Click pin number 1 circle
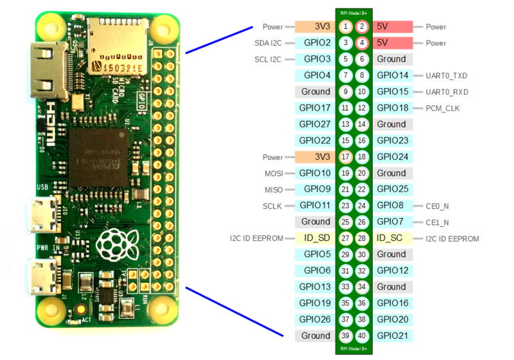(x=346, y=26)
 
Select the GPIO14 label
(x=392, y=75)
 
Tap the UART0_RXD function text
(x=447, y=92)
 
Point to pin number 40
(x=362, y=336)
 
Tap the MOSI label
(x=274, y=173)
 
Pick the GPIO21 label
(x=392, y=336)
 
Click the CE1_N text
(x=437, y=222)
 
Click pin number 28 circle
(x=362, y=239)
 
